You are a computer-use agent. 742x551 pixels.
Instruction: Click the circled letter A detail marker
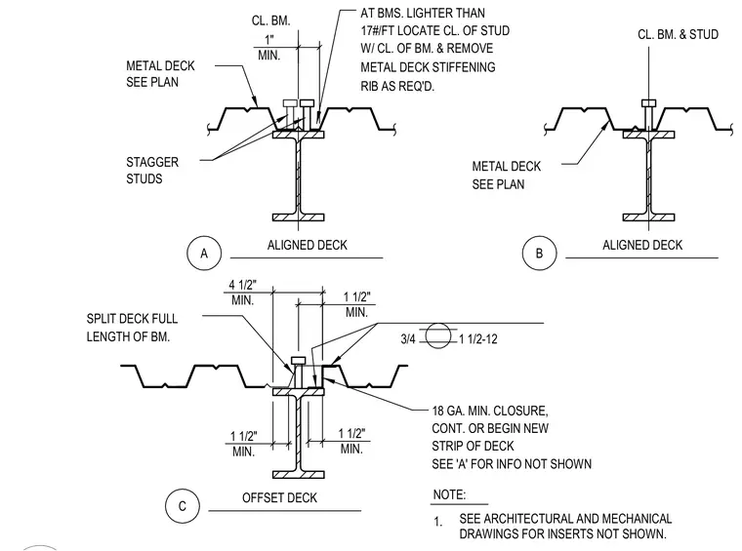pyautogui.click(x=204, y=254)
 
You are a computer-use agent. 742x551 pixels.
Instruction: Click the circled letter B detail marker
pyautogui.click(x=540, y=254)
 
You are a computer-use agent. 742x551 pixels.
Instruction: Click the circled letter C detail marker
pyautogui.click(x=183, y=506)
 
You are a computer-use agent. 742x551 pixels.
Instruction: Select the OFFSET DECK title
pyautogui.click(x=279, y=497)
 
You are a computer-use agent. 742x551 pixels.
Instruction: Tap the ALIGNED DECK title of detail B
pyautogui.click(x=642, y=245)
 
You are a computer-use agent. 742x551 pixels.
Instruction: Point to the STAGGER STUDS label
pyautogui.click(x=152, y=171)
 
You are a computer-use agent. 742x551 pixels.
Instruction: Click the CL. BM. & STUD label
pyautogui.click(x=679, y=34)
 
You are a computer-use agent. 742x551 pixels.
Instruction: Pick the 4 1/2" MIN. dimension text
pyautogui.click(x=243, y=293)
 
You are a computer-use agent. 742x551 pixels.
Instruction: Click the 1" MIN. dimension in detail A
pyautogui.click(x=269, y=47)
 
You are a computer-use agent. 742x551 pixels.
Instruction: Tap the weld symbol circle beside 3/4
pyautogui.click(x=437, y=336)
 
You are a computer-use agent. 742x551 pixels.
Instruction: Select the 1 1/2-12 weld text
pyautogui.click(x=478, y=339)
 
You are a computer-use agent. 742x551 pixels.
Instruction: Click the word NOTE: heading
pyautogui.click(x=449, y=494)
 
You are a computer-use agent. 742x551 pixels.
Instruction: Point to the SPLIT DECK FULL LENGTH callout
pyautogui.click(x=132, y=328)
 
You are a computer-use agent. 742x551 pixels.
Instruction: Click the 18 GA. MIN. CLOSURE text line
pyautogui.click(x=490, y=411)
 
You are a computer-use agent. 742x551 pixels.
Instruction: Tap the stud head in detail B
pyautogui.click(x=649, y=103)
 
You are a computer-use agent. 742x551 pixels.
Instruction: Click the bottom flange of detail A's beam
pyautogui.click(x=298, y=217)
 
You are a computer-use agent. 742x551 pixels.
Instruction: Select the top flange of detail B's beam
pyautogui.click(x=649, y=135)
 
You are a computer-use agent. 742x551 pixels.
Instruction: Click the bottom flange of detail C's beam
pyautogui.click(x=298, y=474)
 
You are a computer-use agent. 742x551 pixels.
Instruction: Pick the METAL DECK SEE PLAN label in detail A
pyautogui.click(x=160, y=74)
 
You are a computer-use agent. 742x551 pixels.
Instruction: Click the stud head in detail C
pyautogui.click(x=298, y=361)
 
